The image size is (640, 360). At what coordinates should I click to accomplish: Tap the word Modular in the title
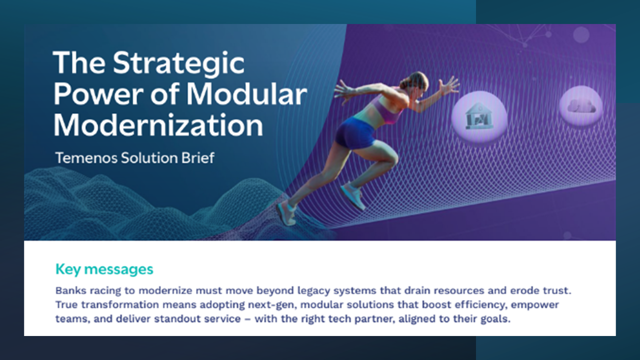point(246,94)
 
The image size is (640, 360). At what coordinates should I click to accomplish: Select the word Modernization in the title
point(158,125)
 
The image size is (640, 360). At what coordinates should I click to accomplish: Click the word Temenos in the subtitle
point(86,157)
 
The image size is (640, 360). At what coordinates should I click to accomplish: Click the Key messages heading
point(104,269)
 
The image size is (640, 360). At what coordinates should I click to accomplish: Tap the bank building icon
point(479,116)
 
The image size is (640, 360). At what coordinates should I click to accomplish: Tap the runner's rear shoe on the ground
point(286,213)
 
